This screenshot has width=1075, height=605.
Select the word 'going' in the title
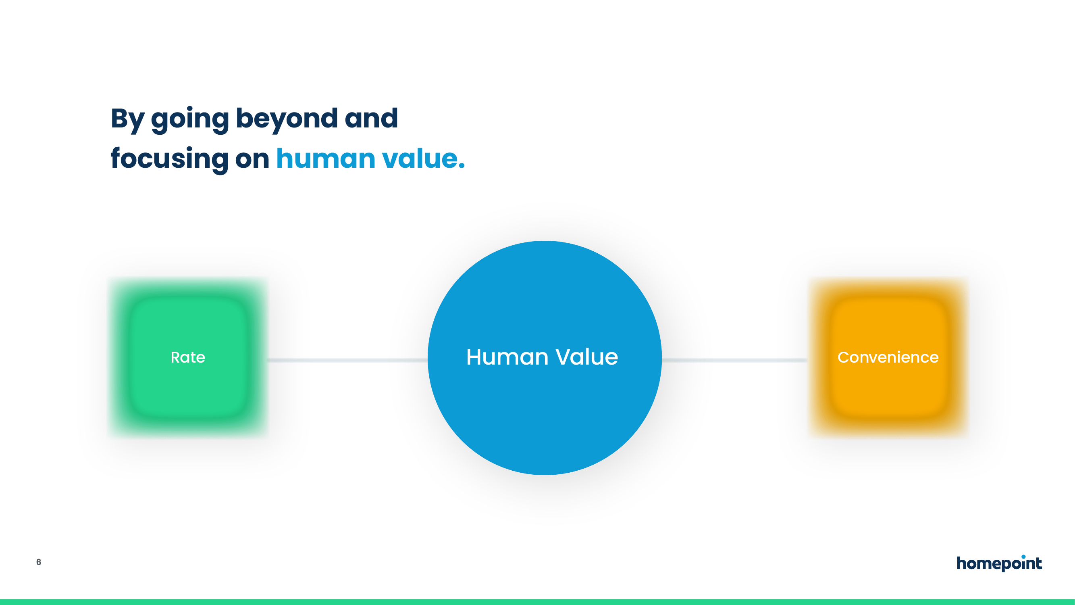coord(190,120)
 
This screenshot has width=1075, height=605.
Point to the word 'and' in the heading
coord(371,118)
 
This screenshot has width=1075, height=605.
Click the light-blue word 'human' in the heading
coord(326,158)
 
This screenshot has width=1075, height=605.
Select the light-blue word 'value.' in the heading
coord(423,158)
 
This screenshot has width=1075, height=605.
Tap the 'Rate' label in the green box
coord(188,357)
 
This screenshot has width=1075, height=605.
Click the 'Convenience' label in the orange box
coord(888,357)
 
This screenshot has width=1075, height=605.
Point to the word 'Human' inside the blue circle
coord(507,357)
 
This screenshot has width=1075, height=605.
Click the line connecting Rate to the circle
coord(347,360)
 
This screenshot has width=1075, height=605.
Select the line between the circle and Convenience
coord(735,360)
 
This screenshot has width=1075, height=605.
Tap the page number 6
coord(39,562)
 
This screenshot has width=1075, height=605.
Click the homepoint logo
coord(999,563)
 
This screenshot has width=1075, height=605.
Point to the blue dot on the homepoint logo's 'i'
coord(1024,557)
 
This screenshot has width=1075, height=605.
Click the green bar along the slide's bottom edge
coord(538,602)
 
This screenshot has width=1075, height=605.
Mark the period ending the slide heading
coord(462,167)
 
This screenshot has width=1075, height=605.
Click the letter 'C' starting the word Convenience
coord(843,357)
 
